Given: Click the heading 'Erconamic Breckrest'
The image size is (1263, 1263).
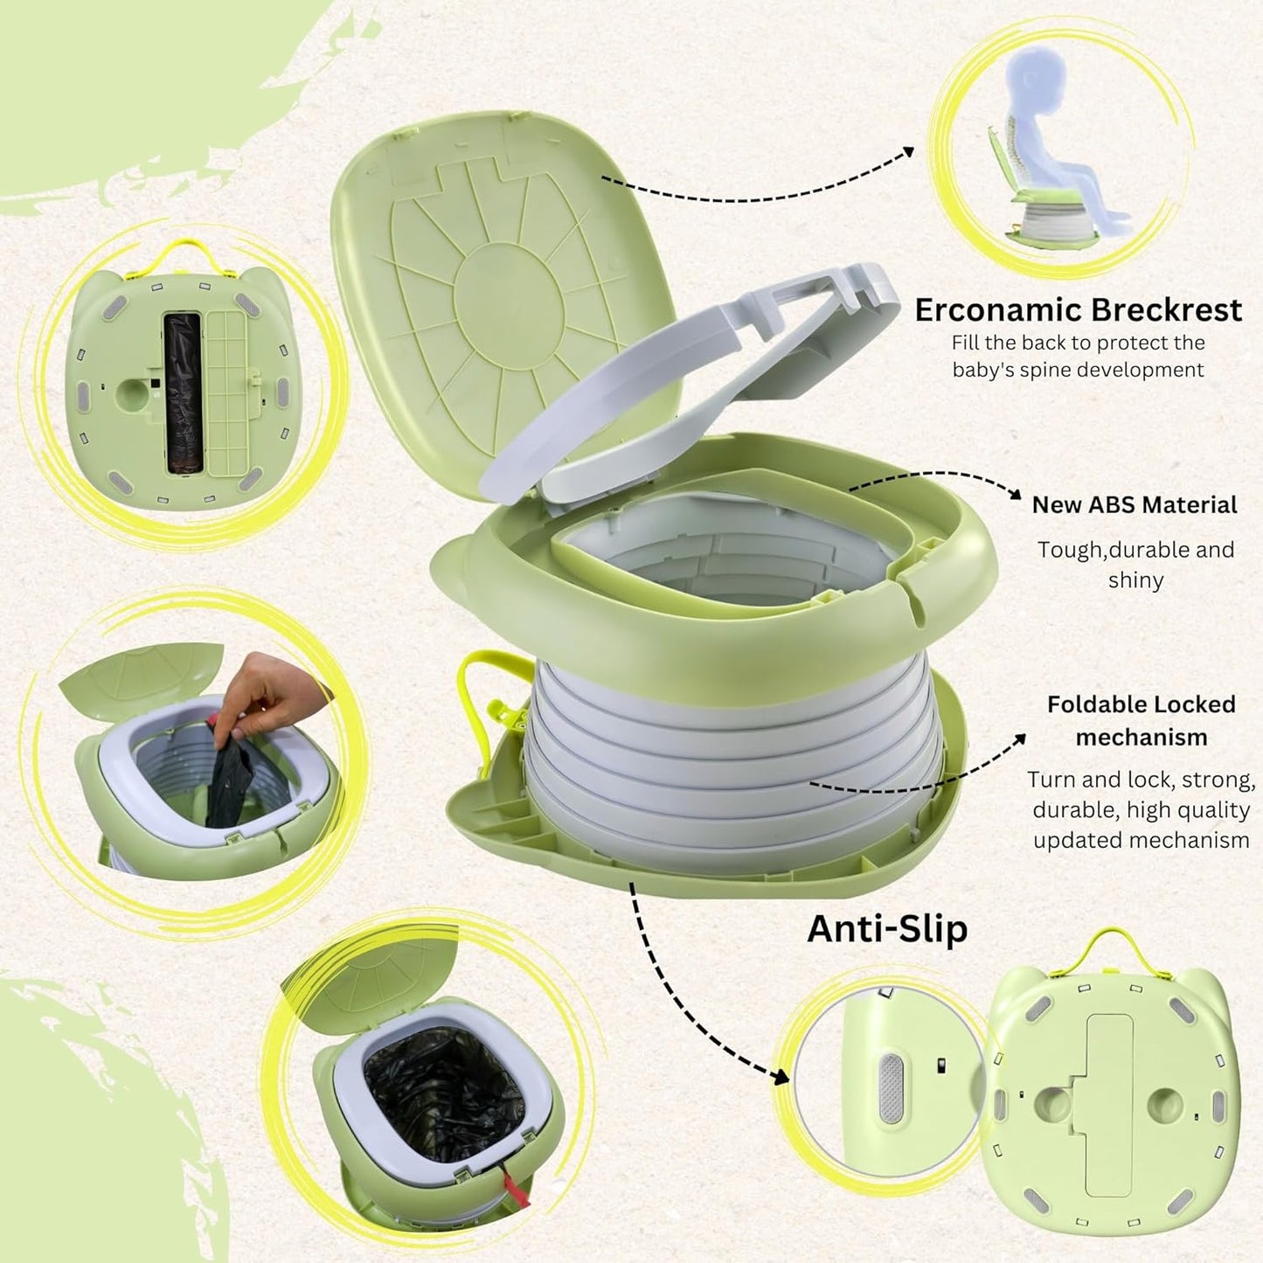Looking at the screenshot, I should (1078, 310).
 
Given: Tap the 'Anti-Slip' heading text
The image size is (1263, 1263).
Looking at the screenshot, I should (887, 928).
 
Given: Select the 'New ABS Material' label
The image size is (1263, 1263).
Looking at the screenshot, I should (1134, 505).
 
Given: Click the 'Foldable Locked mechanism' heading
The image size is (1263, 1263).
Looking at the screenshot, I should (1141, 720).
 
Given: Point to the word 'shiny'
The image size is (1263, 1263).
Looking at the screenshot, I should (1135, 580).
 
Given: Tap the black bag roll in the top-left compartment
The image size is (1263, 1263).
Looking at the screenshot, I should (183, 393).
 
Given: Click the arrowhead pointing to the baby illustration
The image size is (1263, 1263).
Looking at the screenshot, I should (909, 152).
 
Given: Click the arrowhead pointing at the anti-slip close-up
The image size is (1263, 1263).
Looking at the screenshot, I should (781, 1075).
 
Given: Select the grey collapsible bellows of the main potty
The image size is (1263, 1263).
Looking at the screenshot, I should (734, 760).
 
